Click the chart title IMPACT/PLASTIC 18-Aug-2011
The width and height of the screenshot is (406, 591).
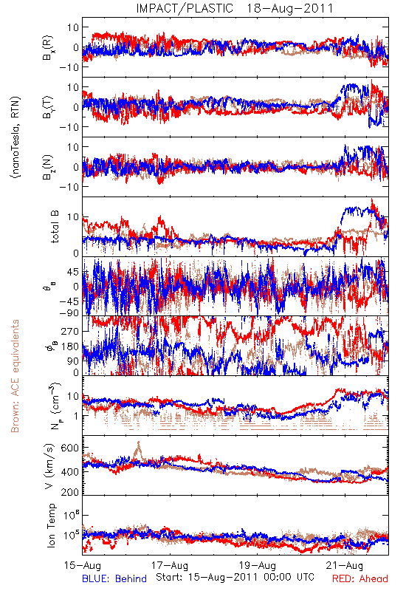click(x=235, y=8)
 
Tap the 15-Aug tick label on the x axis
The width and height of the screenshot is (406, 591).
click(x=83, y=566)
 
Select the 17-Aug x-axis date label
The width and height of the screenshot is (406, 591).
click(x=170, y=566)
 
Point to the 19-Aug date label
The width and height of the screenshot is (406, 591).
click(x=258, y=566)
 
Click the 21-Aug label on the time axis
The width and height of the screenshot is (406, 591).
click(x=345, y=566)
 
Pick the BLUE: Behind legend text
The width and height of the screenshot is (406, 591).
click(x=114, y=578)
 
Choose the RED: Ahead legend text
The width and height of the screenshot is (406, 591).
click(x=360, y=578)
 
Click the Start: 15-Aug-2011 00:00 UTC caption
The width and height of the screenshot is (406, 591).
click(x=235, y=577)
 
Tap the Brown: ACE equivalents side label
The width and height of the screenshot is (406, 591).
click(x=15, y=376)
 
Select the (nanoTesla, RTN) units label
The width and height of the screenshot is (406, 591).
click(x=16, y=137)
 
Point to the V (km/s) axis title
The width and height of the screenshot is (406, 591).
click(x=49, y=467)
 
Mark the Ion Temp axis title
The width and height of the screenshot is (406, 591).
click(x=51, y=525)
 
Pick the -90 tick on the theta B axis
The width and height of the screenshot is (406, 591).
click(x=69, y=313)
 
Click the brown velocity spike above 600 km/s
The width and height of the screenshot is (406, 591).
click(x=139, y=448)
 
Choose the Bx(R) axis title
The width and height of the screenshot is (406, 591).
click(x=48, y=47)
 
